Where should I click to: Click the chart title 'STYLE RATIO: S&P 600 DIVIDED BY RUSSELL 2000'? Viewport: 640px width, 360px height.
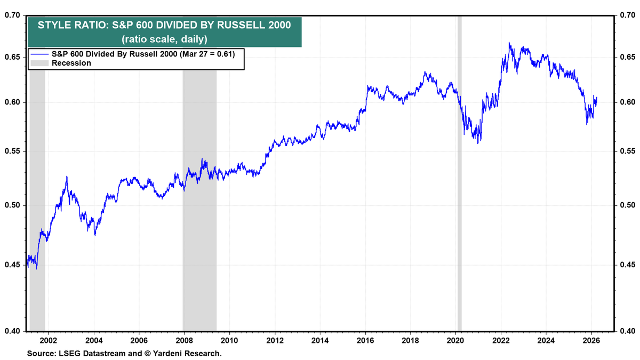click(164, 26)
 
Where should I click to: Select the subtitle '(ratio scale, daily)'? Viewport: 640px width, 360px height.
click(164, 39)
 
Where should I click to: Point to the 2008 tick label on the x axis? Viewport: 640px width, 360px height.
click(184, 340)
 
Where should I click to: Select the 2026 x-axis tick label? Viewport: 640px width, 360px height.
click(591, 340)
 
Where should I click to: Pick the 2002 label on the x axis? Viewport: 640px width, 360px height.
click(48, 340)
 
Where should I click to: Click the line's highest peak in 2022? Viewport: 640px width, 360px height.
click(509, 43)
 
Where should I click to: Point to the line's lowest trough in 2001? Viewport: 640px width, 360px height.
click(36, 268)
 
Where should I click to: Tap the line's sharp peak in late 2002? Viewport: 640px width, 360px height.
click(67, 177)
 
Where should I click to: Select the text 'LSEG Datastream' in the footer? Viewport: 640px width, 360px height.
click(84, 353)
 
